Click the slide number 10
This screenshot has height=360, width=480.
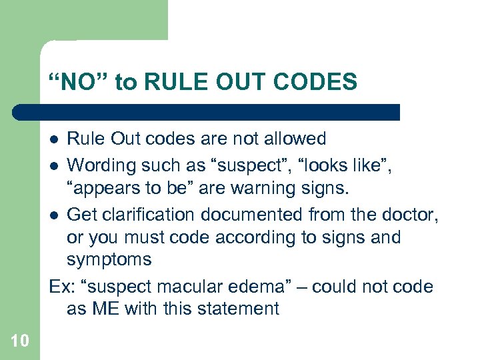click(x=20, y=341)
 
